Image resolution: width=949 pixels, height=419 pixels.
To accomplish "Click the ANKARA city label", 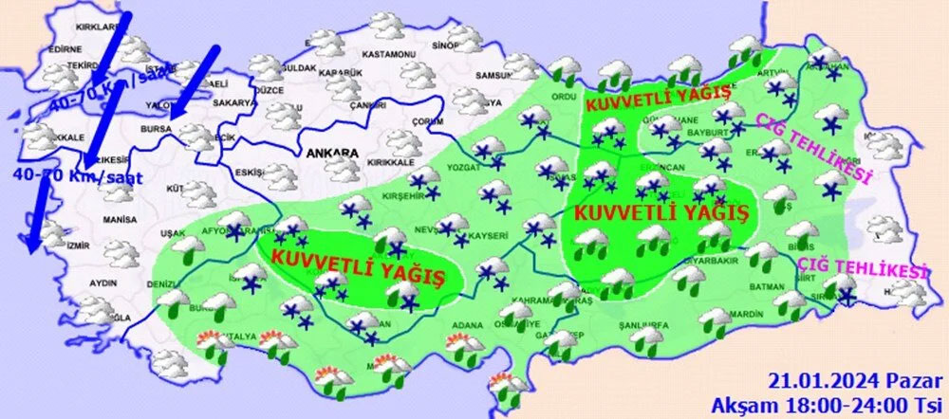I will pos(331,152).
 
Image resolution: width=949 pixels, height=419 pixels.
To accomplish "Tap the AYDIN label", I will pos(102,283).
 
